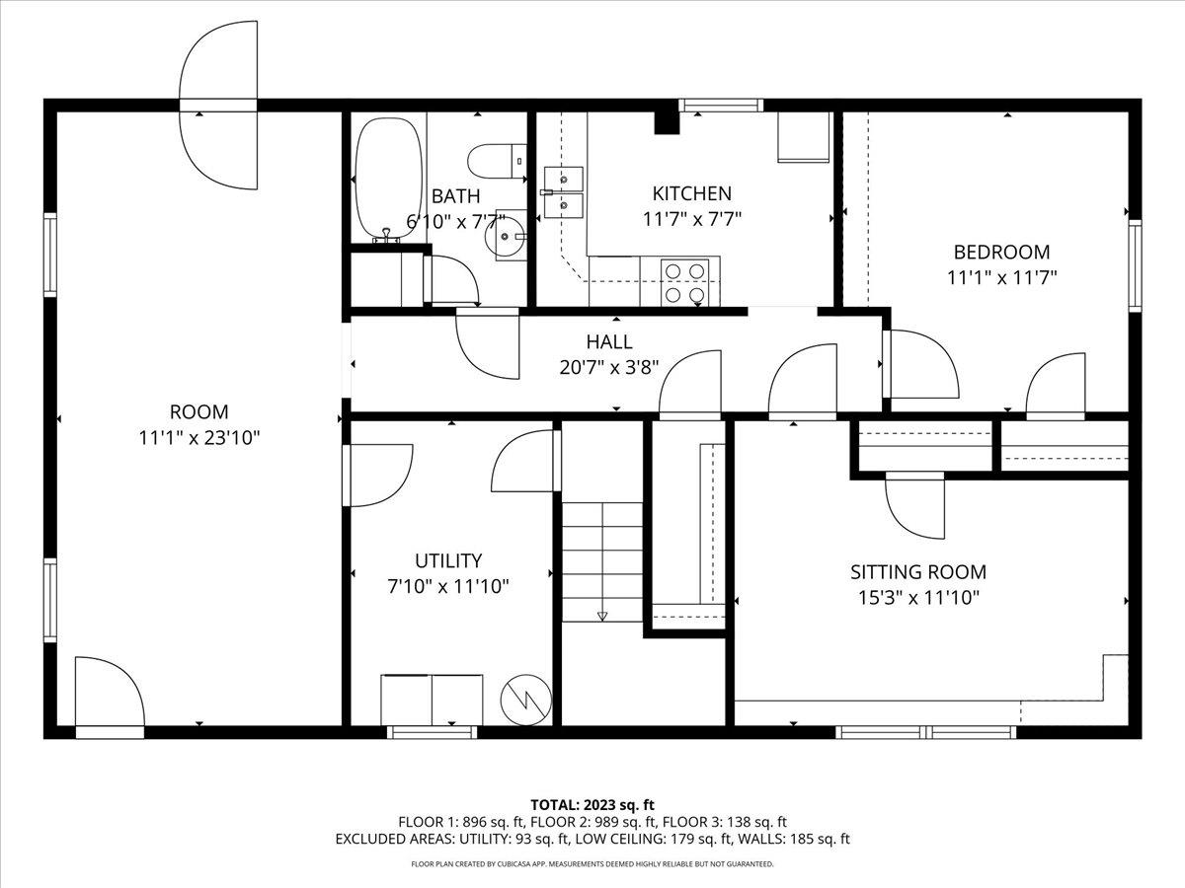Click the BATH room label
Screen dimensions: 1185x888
(455, 196)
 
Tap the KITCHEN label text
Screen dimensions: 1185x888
(691, 193)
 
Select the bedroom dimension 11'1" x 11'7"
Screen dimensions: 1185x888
(1001, 277)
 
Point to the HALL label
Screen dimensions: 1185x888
(609, 341)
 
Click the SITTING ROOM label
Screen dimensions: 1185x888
(918, 572)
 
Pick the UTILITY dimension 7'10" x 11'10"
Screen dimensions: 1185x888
(448, 586)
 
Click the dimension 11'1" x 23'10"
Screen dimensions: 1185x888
(199, 438)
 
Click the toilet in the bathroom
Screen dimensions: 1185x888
(497, 161)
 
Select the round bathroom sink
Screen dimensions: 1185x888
(506, 236)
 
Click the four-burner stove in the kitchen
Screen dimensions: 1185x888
(684, 282)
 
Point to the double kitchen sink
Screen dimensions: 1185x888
(563, 192)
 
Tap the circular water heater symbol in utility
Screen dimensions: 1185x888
(525, 700)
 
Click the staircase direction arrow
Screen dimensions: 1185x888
(602, 616)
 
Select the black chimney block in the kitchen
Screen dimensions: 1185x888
(667, 122)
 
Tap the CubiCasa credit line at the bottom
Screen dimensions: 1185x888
(592, 863)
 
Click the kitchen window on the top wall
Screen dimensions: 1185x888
(721, 105)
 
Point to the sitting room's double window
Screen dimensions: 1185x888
(926, 732)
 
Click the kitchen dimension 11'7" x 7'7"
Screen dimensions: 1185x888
(691, 219)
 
